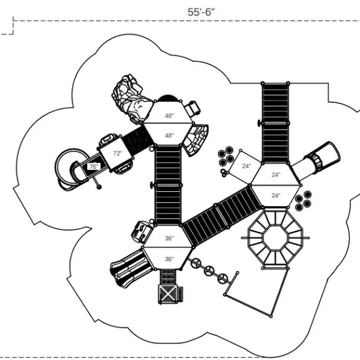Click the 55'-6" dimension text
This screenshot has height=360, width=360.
[201, 12]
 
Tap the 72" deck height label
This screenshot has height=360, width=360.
[117, 153]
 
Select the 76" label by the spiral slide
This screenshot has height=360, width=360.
[94, 166]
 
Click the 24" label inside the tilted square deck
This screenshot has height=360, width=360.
[246, 166]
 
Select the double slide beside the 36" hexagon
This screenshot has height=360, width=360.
[131, 268]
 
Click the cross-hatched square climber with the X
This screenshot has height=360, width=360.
[168, 294]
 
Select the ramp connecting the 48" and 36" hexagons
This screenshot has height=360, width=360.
[168, 185]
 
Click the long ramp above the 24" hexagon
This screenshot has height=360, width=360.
[275, 123]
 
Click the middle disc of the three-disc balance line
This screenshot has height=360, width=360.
[209, 271]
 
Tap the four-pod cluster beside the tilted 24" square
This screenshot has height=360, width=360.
[226, 156]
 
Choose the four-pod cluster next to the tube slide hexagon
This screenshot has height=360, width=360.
[303, 200]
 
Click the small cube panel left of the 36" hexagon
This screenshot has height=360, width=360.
[142, 232]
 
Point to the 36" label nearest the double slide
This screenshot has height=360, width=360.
[169, 259]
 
